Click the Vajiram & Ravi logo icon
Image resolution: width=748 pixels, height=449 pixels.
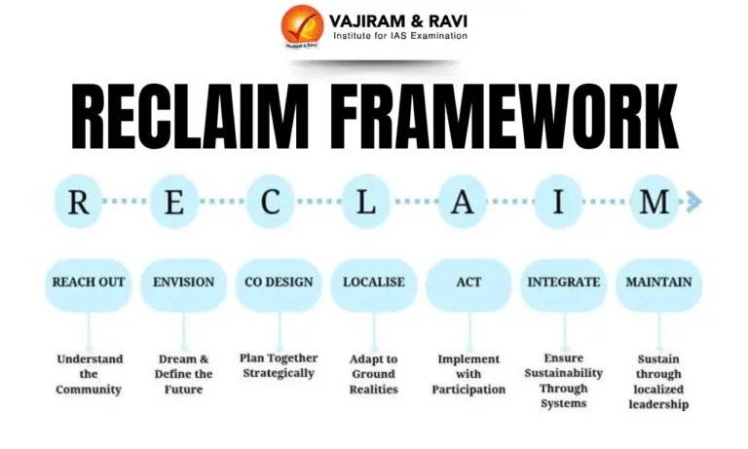pos(303,26)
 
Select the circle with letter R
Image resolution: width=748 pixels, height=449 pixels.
pos(81,202)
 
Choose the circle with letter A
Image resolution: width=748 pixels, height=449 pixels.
pos(464,202)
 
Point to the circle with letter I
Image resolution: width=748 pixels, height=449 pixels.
pos(559,202)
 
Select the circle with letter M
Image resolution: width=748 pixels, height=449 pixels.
pos(654,202)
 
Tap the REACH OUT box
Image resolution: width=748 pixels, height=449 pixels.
pos(89,282)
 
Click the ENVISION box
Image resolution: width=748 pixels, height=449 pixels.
pos(184,282)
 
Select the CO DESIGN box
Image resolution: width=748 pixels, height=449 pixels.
pos(279,282)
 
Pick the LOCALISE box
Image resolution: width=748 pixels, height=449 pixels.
pos(374,282)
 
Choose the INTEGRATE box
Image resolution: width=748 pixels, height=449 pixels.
pos(563,282)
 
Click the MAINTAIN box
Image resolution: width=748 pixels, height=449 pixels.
pos(659,282)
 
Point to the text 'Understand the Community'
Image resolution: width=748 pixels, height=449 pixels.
pos(89,374)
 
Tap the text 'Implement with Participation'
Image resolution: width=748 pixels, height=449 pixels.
pos(468,374)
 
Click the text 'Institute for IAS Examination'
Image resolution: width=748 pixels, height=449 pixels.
pos(399,36)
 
